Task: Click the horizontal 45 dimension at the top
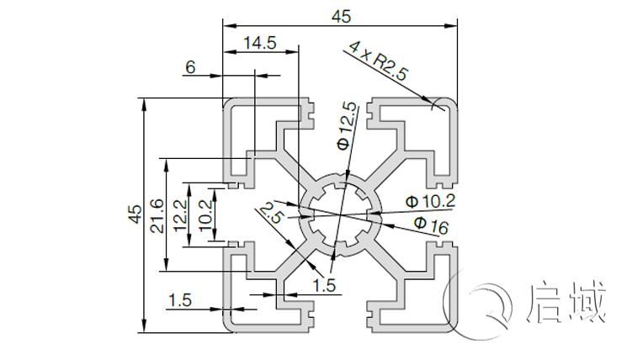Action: [x=342, y=15]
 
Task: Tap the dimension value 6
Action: [x=190, y=68]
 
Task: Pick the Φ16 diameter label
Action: [x=431, y=225]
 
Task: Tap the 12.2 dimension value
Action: [x=180, y=215]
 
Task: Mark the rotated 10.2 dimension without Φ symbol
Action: [x=202, y=215]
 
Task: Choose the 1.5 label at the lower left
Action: [x=180, y=299]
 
